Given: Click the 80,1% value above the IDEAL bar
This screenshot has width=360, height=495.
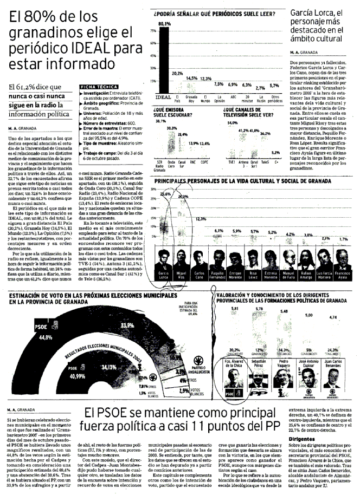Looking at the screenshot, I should pyautogui.click(x=164, y=24).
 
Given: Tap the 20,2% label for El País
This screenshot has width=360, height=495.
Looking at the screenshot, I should pyautogui.click(x=177, y=73).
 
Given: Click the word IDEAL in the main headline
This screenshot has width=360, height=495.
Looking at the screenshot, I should pyautogui.click(x=89, y=50).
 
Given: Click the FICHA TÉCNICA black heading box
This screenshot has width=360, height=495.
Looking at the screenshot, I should pyautogui.click(x=97, y=87).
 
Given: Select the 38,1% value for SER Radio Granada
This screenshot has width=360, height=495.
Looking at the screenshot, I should pyautogui.click(x=160, y=121).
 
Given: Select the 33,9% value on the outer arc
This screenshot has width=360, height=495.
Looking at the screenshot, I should pyautogui.click(x=127, y=325).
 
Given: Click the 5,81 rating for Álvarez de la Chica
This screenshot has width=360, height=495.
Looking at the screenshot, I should pyautogui.click(x=235, y=309).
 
